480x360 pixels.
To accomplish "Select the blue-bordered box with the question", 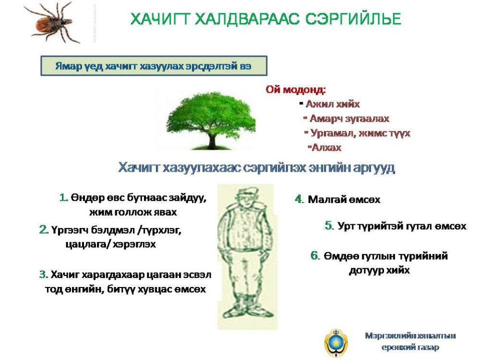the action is click(154, 66).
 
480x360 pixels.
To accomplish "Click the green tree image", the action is click(212, 121).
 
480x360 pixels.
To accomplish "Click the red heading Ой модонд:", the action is click(296, 90).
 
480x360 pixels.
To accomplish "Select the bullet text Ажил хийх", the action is click(333, 104).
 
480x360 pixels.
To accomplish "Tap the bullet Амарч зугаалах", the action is click(349, 119).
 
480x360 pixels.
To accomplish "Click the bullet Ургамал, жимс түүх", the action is click(360, 133).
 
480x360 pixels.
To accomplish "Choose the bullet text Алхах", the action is click(326, 147).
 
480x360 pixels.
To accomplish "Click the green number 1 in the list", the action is click(63, 197).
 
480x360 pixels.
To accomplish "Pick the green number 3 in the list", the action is click(44, 274).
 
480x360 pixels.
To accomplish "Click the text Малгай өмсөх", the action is click(344, 200).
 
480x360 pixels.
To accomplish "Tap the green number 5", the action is click(329, 226).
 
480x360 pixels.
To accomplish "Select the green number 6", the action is click(315, 255).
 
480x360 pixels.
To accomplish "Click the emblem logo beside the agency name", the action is click(336, 343).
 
